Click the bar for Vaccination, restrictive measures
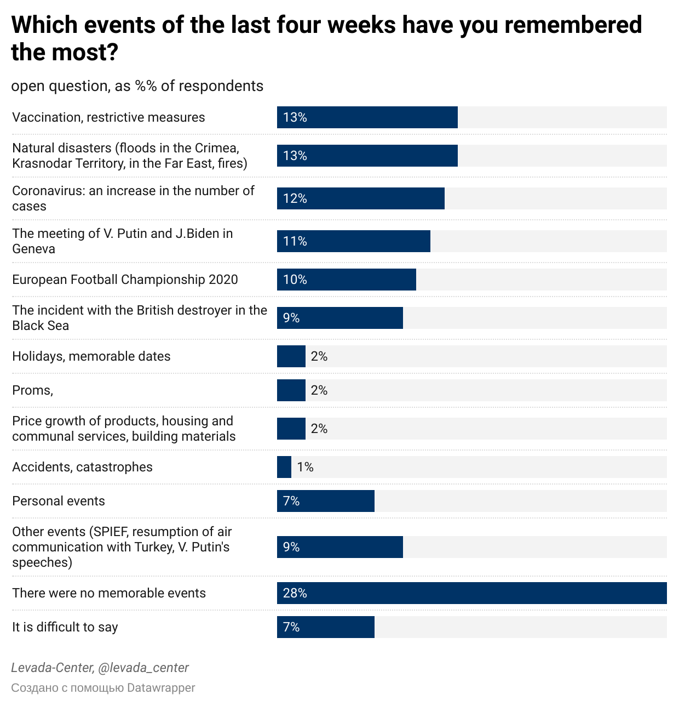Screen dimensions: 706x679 pos(367,117)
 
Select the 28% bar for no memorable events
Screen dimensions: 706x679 pos(471,593)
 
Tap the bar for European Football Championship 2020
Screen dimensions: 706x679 pos(346,280)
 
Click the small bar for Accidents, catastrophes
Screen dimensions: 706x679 pos(284,467)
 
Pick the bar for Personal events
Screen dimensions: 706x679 pos(325,501)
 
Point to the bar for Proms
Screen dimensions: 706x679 pos(291,390)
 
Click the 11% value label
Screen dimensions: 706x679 pos(295,241)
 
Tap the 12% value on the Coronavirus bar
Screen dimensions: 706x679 pos(295,198)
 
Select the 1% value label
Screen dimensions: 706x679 pos(305,467)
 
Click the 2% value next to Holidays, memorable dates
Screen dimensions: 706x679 pos(319,356)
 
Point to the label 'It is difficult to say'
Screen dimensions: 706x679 pos(65,627)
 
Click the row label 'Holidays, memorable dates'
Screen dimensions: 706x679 pos(91,356)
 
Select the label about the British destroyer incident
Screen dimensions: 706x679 pos(140,318)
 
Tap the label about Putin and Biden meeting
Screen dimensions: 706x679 pos(122,241)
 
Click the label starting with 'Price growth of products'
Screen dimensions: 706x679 pos(124,429)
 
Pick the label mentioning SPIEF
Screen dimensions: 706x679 pos(122,547)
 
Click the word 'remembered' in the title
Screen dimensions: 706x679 pos(573,25)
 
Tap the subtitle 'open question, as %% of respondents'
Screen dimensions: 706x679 pos(137,86)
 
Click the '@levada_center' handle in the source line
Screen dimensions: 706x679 pos(143,668)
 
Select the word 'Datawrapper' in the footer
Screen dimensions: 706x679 pos(160,687)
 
